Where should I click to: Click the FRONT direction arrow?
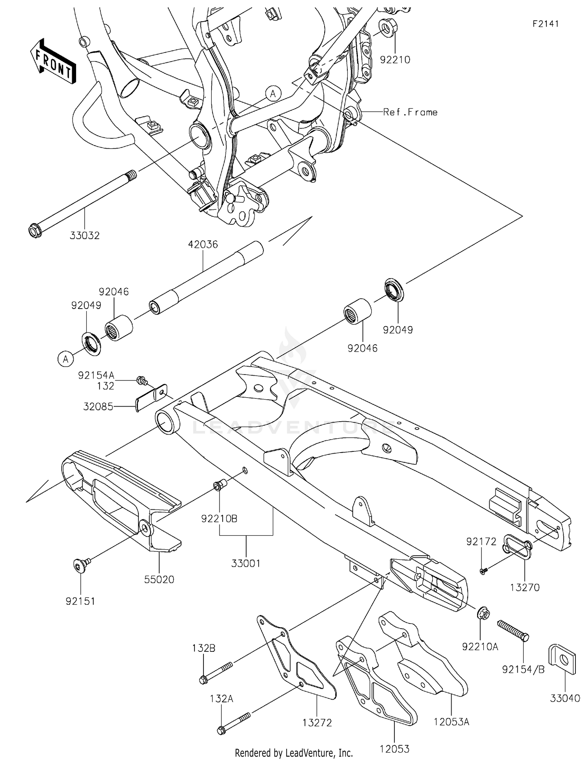click(53, 62)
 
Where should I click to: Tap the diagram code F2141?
click(545, 24)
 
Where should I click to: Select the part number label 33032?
click(85, 236)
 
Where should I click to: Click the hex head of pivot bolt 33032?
click(36, 231)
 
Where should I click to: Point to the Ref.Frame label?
click(410, 112)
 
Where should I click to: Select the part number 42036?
click(203, 244)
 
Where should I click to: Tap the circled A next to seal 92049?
click(65, 359)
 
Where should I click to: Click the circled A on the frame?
click(273, 93)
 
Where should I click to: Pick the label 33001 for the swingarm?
click(246, 564)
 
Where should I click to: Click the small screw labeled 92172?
click(483, 571)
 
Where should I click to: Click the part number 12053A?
click(451, 722)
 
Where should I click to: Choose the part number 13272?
click(317, 722)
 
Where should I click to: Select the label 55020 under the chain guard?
click(159, 579)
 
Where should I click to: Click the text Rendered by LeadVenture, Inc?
click(294, 753)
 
